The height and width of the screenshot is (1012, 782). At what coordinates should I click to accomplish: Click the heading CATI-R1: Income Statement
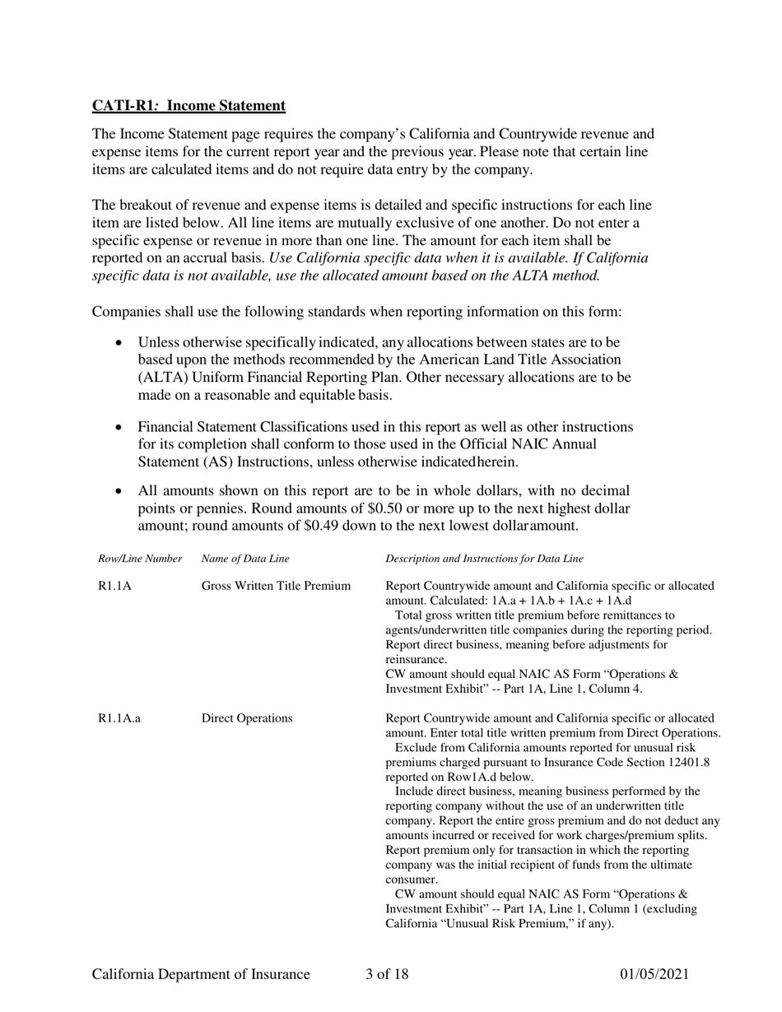(x=189, y=105)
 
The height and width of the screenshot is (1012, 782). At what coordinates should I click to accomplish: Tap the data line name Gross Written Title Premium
(x=276, y=586)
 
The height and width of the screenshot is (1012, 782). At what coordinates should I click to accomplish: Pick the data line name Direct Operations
(x=247, y=718)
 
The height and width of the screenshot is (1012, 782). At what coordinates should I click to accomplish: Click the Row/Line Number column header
(x=140, y=559)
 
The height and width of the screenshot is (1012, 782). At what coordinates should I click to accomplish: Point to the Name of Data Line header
(x=245, y=559)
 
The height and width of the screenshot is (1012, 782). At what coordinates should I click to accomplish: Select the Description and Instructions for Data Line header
(x=484, y=559)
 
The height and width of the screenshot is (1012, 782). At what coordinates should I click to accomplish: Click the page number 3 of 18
(x=387, y=975)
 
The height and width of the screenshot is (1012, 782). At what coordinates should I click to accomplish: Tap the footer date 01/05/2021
(x=654, y=975)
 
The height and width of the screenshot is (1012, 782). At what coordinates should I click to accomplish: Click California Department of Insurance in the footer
(x=201, y=975)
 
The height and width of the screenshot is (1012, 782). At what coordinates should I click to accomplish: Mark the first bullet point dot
(x=121, y=342)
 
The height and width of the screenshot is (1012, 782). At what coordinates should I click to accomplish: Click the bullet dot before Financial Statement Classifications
(x=121, y=428)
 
